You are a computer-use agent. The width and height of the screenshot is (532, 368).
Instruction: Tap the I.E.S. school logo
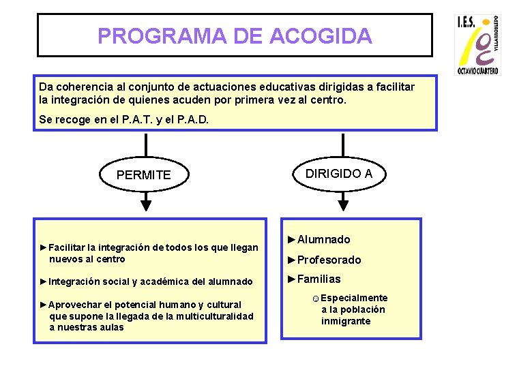(477, 44)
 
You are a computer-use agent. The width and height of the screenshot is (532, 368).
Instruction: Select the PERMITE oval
(144, 175)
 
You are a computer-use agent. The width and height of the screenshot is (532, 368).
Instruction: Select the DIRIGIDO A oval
(338, 174)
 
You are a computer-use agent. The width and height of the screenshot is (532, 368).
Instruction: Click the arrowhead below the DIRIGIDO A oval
(343, 202)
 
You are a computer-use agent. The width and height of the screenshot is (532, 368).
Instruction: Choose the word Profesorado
(329, 260)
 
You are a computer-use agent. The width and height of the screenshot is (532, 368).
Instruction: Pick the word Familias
(319, 279)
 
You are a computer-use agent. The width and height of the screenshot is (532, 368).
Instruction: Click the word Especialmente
(354, 298)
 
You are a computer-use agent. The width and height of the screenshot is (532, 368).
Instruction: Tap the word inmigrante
(346, 321)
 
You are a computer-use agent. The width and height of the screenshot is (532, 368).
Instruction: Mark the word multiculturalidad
(214, 316)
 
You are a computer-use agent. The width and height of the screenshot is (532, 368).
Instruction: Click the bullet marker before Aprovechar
(44, 305)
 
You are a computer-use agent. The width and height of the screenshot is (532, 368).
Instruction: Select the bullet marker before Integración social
(44, 281)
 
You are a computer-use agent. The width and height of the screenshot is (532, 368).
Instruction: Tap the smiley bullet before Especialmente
(315, 298)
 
